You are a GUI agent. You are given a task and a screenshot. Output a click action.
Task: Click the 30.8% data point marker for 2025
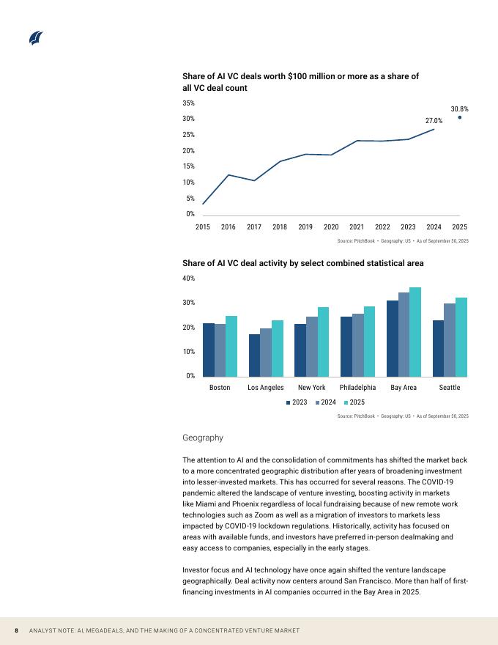(x=459, y=117)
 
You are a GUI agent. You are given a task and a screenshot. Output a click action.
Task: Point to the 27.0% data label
(x=434, y=121)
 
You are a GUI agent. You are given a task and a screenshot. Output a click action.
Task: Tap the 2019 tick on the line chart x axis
(x=305, y=227)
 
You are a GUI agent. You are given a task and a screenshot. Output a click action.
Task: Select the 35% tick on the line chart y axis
(x=188, y=103)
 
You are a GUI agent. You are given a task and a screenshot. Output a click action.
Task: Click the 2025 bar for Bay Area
(x=415, y=331)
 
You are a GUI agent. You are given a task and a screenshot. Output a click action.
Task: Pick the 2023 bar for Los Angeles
(x=254, y=355)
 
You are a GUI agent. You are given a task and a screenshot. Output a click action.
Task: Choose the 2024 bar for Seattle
(x=450, y=339)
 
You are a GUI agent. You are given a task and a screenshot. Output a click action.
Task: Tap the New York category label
(x=312, y=387)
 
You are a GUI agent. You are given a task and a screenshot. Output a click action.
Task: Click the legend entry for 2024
(x=324, y=402)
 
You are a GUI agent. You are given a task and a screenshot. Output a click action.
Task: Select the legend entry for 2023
(x=296, y=402)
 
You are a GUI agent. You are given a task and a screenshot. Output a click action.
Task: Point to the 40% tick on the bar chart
(x=188, y=279)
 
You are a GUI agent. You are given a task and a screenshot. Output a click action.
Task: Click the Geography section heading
(x=202, y=438)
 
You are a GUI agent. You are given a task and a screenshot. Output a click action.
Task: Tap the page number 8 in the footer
(x=15, y=631)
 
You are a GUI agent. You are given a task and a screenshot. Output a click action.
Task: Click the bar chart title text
(x=302, y=262)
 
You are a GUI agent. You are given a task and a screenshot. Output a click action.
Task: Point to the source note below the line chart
(x=403, y=241)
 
